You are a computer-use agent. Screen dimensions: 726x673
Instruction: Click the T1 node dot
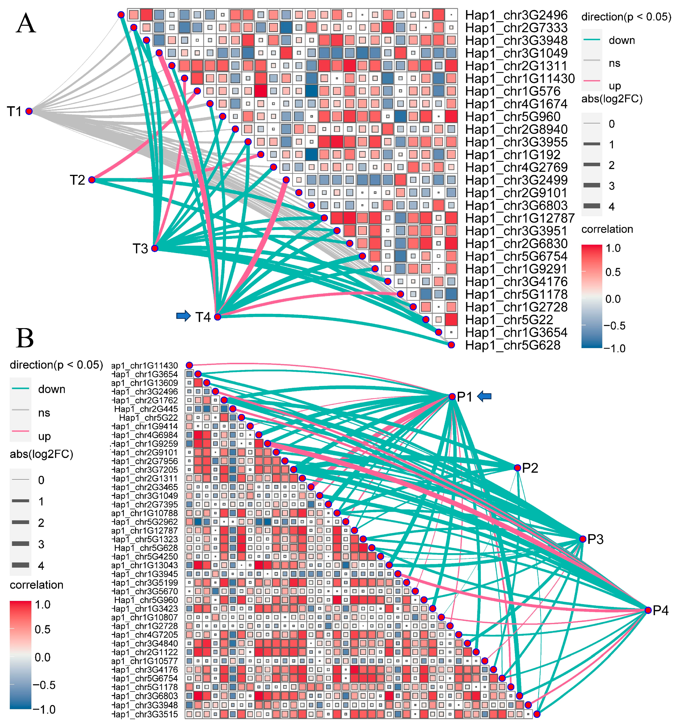click(x=29, y=111)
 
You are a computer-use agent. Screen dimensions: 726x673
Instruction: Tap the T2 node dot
click(x=92, y=180)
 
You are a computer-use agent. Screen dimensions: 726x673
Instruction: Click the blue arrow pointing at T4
click(x=183, y=316)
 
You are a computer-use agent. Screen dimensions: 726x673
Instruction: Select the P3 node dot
click(x=582, y=539)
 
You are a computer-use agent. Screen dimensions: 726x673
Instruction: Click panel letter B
click(x=25, y=338)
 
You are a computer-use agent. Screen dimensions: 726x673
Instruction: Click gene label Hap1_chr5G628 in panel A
click(x=512, y=345)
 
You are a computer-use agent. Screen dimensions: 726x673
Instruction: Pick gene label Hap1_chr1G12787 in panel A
click(x=520, y=218)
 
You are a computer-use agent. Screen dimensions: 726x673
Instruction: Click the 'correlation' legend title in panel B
click(x=36, y=585)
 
